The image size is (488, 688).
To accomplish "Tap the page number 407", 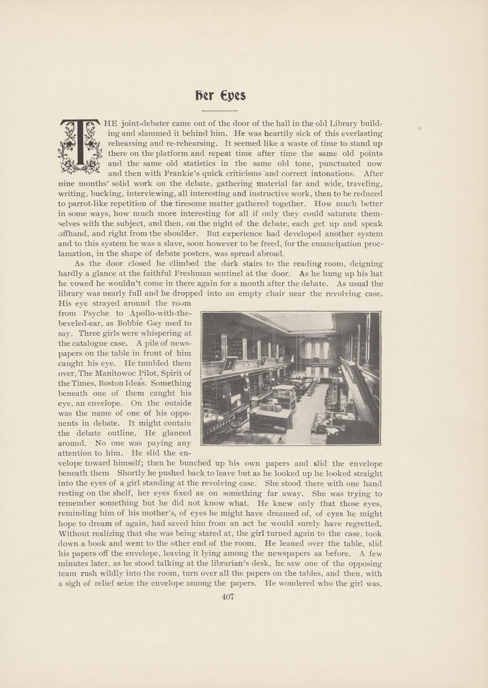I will tap(228, 597).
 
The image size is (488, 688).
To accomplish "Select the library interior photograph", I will tap(290, 378).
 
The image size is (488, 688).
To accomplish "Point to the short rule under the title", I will tap(220, 110).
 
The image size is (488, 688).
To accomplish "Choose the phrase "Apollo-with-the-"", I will tap(160, 314).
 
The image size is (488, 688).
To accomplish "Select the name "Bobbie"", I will tap(130, 324).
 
